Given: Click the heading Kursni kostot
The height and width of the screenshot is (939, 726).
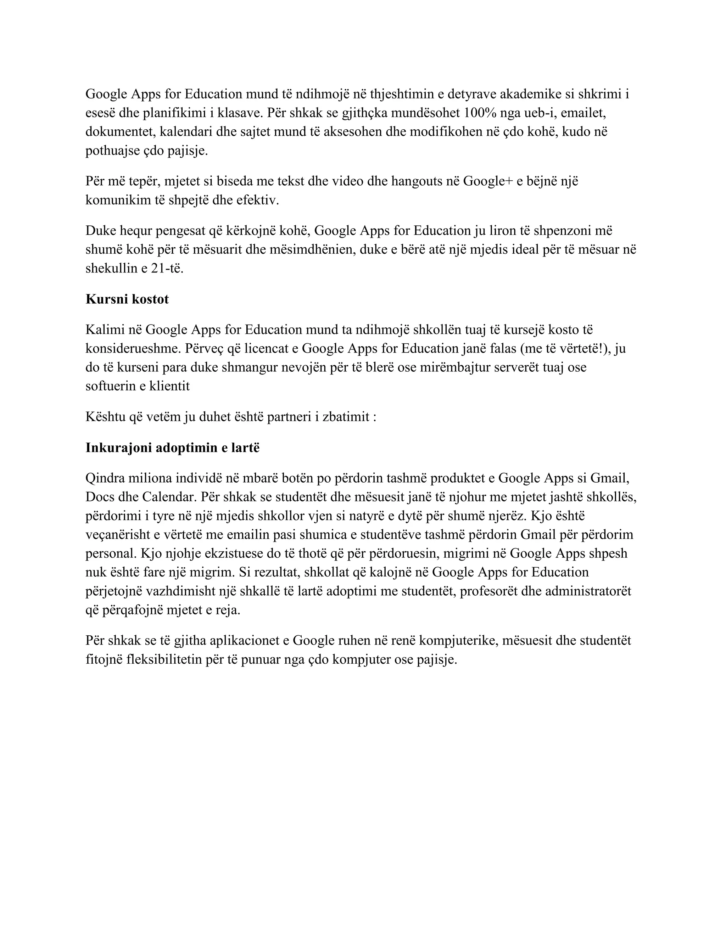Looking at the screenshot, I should pos(127,299).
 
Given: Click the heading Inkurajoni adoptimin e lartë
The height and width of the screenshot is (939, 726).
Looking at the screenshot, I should pos(173,448).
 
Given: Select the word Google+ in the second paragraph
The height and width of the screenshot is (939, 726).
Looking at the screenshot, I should pos(487,181).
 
